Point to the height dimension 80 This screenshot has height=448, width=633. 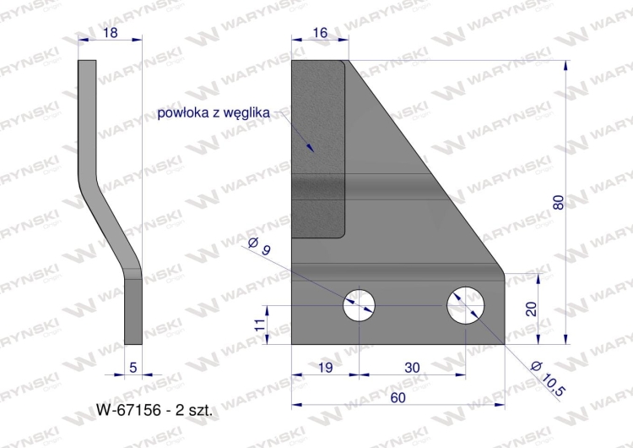click(558, 202)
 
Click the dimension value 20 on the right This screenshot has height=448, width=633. click(532, 309)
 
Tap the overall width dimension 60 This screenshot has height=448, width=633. click(398, 395)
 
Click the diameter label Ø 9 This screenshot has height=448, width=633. click(259, 247)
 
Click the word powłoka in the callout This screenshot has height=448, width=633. click(184, 113)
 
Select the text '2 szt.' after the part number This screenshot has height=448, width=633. click(194, 412)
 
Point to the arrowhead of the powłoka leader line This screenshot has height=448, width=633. click(313, 149)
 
